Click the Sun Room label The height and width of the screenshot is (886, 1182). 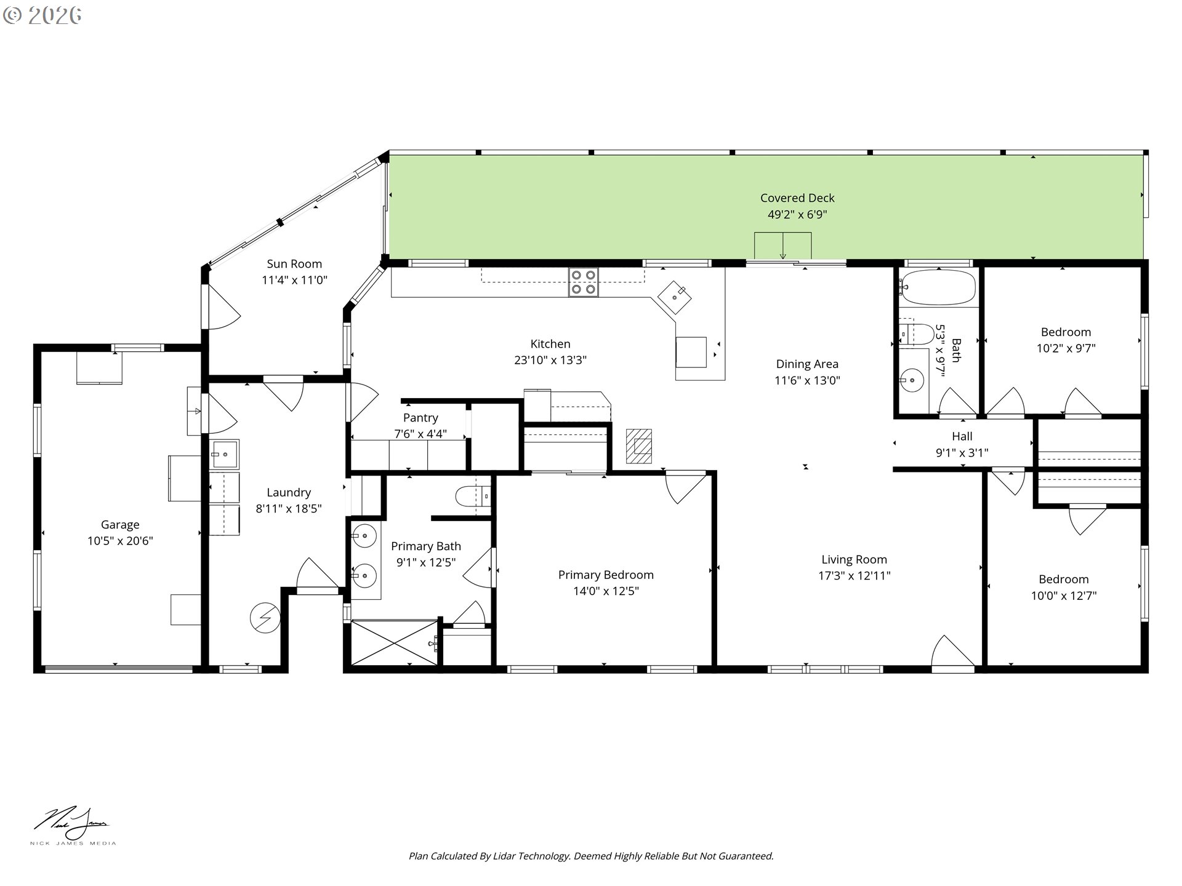294,264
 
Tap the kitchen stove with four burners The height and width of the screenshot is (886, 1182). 583,282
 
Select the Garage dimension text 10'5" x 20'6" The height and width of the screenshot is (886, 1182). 120,541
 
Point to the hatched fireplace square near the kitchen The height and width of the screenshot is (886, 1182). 639,446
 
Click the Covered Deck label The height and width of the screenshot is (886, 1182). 797,198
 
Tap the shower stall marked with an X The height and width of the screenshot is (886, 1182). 394,643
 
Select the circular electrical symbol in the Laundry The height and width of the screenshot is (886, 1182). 265,617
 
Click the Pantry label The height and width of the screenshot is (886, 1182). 420,418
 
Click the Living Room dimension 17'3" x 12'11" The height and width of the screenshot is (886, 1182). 854,576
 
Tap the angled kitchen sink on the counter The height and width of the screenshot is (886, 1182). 675,298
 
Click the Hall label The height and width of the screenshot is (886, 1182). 962,436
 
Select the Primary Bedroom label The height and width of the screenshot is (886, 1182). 606,575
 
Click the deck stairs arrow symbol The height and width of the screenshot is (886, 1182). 782,246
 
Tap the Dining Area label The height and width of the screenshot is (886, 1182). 806,364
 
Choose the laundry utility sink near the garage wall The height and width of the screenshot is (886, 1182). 224,455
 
